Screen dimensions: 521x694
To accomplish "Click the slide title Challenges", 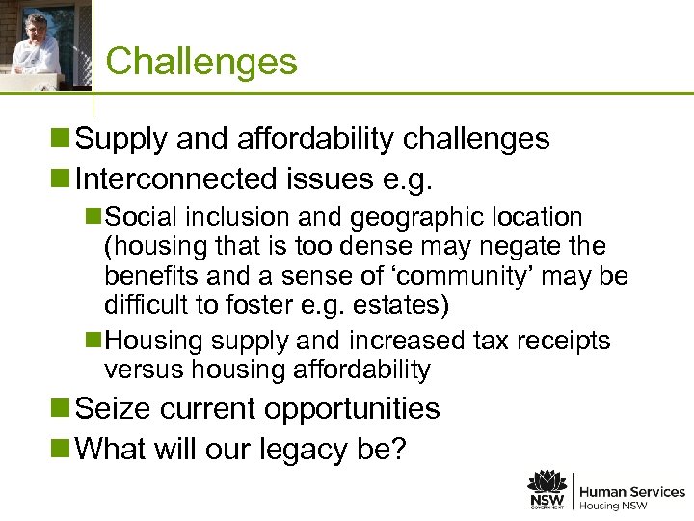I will [201, 62].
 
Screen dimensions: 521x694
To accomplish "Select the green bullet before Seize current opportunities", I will [64, 409].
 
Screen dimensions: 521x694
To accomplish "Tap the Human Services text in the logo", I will [632, 492].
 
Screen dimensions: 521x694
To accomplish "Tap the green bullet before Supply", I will [64, 139].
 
